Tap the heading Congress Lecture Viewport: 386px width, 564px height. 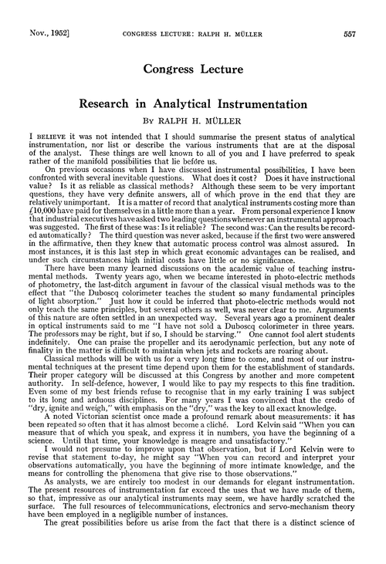[192, 69]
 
